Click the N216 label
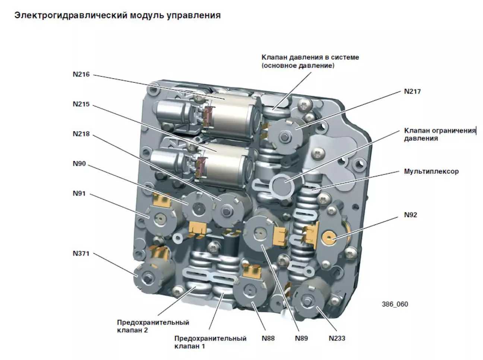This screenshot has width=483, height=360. (x=81, y=74)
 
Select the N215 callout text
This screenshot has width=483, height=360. (x=81, y=104)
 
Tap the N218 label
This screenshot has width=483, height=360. (x=81, y=134)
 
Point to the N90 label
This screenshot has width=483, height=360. (x=79, y=164)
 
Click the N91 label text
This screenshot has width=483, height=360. (x=79, y=193)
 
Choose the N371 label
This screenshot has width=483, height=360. (x=81, y=253)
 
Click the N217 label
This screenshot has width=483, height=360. (x=412, y=91)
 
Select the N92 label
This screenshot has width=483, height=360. (x=410, y=215)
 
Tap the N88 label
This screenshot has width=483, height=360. (x=268, y=338)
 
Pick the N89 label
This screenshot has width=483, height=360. (x=302, y=338)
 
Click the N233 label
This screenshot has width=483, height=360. (x=337, y=338)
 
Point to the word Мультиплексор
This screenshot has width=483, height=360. (x=431, y=172)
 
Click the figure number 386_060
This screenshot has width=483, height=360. (x=395, y=304)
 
